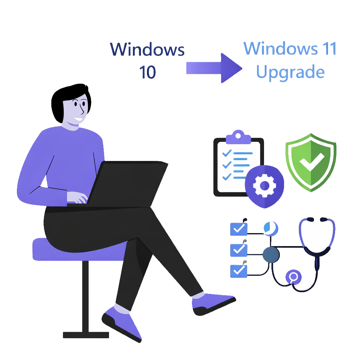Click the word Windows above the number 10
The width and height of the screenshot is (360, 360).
[x=147, y=49]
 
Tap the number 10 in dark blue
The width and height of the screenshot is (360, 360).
[x=147, y=72]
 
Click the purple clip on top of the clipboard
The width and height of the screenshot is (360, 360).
[x=238, y=137]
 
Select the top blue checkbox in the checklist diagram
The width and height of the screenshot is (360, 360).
[x=239, y=229]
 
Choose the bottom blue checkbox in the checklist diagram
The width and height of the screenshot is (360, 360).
[x=239, y=270]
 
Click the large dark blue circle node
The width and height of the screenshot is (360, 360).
[x=271, y=254]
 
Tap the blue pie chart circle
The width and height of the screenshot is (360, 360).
[x=271, y=228]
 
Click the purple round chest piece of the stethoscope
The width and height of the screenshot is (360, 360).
[x=294, y=277]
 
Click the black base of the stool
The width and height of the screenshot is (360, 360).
[x=86, y=334]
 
